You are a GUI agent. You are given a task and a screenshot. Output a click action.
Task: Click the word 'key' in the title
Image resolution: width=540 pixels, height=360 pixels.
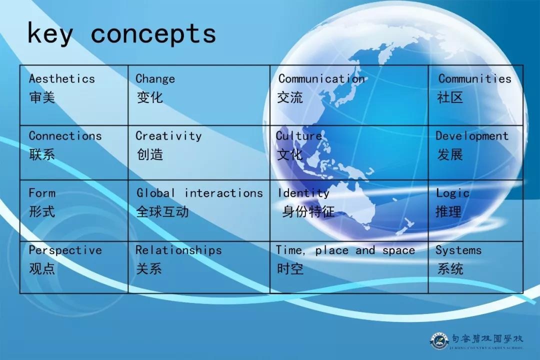[x=50, y=34]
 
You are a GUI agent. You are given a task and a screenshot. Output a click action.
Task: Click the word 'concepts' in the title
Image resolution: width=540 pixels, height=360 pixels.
[x=153, y=34]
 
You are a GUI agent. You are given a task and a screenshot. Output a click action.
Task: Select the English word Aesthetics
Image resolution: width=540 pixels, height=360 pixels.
[x=61, y=78]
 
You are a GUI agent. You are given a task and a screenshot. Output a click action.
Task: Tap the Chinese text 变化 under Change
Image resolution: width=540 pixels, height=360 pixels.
[x=149, y=97]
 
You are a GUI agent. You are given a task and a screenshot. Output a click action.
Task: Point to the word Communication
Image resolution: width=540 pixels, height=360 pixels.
[x=321, y=78]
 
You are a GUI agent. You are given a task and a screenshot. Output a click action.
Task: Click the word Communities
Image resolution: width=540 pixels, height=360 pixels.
[x=474, y=78]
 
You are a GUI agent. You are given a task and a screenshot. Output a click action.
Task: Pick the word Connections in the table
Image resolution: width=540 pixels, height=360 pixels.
[x=65, y=136]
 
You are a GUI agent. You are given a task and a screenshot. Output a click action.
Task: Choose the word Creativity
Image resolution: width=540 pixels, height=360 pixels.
[x=168, y=136]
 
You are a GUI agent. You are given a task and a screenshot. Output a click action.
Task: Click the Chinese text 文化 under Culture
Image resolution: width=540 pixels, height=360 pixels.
[x=290, y=154]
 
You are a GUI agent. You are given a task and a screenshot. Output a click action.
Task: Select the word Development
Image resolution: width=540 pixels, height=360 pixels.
[x=471, y=136]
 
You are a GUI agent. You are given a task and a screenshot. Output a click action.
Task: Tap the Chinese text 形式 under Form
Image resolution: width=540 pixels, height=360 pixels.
[x=42, y=211]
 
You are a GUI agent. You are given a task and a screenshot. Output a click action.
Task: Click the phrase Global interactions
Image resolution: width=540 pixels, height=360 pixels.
[x=199, y=193]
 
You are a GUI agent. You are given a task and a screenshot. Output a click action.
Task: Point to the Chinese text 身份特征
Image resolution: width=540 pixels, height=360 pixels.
[x=308, y=211]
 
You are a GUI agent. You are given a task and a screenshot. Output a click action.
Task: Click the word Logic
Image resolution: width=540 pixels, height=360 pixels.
[x=452, y=193]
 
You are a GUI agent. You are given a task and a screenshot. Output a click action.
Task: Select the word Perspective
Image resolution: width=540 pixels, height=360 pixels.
[x=65, y=250]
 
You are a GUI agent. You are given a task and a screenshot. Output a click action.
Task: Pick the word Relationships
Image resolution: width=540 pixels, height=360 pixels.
[x=178, y=250]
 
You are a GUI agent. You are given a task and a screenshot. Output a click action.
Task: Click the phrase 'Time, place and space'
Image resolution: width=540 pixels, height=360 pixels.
[x=345, y=250]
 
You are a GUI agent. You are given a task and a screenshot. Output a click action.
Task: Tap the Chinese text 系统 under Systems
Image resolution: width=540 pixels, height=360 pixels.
[x=450, y=268]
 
